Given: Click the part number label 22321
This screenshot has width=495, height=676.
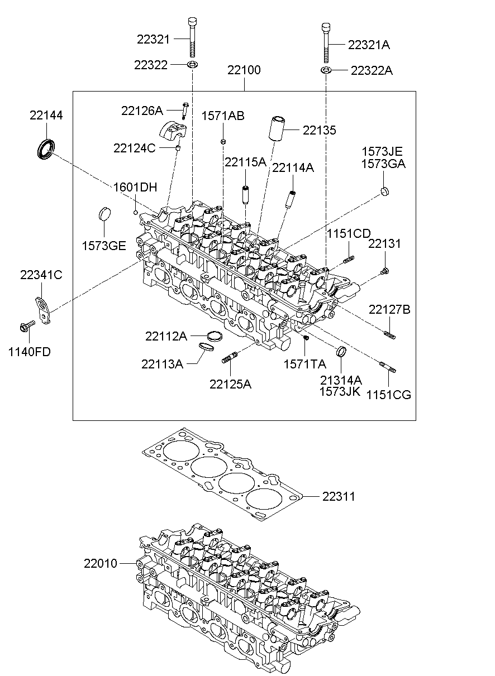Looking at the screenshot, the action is [x=153, y=39].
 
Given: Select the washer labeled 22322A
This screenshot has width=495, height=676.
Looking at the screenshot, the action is [x=326, y=70].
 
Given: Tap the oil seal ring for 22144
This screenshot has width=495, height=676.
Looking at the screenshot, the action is [x=46, y=149].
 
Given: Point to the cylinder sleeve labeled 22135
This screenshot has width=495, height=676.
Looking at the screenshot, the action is [x=277, y=128].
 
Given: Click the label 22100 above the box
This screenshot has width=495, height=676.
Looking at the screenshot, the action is [x=244, y=70].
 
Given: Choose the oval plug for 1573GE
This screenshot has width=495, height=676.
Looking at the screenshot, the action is [x=104, y=214].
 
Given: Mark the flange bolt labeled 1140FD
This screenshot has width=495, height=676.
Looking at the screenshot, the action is [x=27, y=325].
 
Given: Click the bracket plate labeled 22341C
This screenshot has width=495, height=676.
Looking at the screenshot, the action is [x=43, y=310].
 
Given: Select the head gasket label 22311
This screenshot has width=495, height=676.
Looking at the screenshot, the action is [x=339, y=496].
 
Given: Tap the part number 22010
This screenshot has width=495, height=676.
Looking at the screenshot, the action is [x=100, y=563].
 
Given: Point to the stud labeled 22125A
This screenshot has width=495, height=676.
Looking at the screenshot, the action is [x=230, y=357].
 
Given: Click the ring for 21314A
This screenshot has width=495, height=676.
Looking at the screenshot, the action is [x=341, y=351].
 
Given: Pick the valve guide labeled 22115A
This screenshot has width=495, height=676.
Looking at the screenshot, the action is [x=245, y=195].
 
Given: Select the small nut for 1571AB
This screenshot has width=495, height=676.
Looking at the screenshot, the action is [x=223, y=141].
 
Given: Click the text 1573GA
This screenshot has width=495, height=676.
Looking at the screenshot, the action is [x=383, y=164].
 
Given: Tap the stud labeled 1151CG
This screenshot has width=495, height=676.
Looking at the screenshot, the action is [x=388, y=367].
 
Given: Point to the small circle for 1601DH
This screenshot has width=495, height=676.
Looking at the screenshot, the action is [x=136, y=213].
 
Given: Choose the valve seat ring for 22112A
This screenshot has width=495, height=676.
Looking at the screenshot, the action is [x=215, y=336].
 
